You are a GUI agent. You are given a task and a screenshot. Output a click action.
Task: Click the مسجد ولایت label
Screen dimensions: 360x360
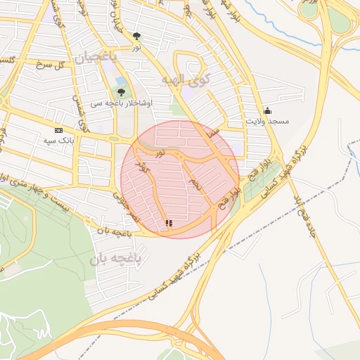point(266,122)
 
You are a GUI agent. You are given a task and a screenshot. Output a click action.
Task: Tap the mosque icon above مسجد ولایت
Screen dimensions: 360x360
point(266,110)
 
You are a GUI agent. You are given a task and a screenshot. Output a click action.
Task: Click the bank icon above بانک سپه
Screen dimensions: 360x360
point(58,130)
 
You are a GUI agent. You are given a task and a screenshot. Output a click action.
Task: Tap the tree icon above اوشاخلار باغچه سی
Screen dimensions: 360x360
point(121,92)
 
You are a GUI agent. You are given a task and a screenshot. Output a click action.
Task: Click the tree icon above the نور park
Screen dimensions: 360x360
point(136,36)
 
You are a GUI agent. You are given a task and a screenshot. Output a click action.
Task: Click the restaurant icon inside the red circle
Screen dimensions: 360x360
point(168,224)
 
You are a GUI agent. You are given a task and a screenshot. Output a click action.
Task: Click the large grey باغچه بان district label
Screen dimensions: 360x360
point(116,259)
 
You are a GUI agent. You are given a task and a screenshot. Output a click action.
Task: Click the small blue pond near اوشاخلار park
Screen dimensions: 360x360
point(120,82)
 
